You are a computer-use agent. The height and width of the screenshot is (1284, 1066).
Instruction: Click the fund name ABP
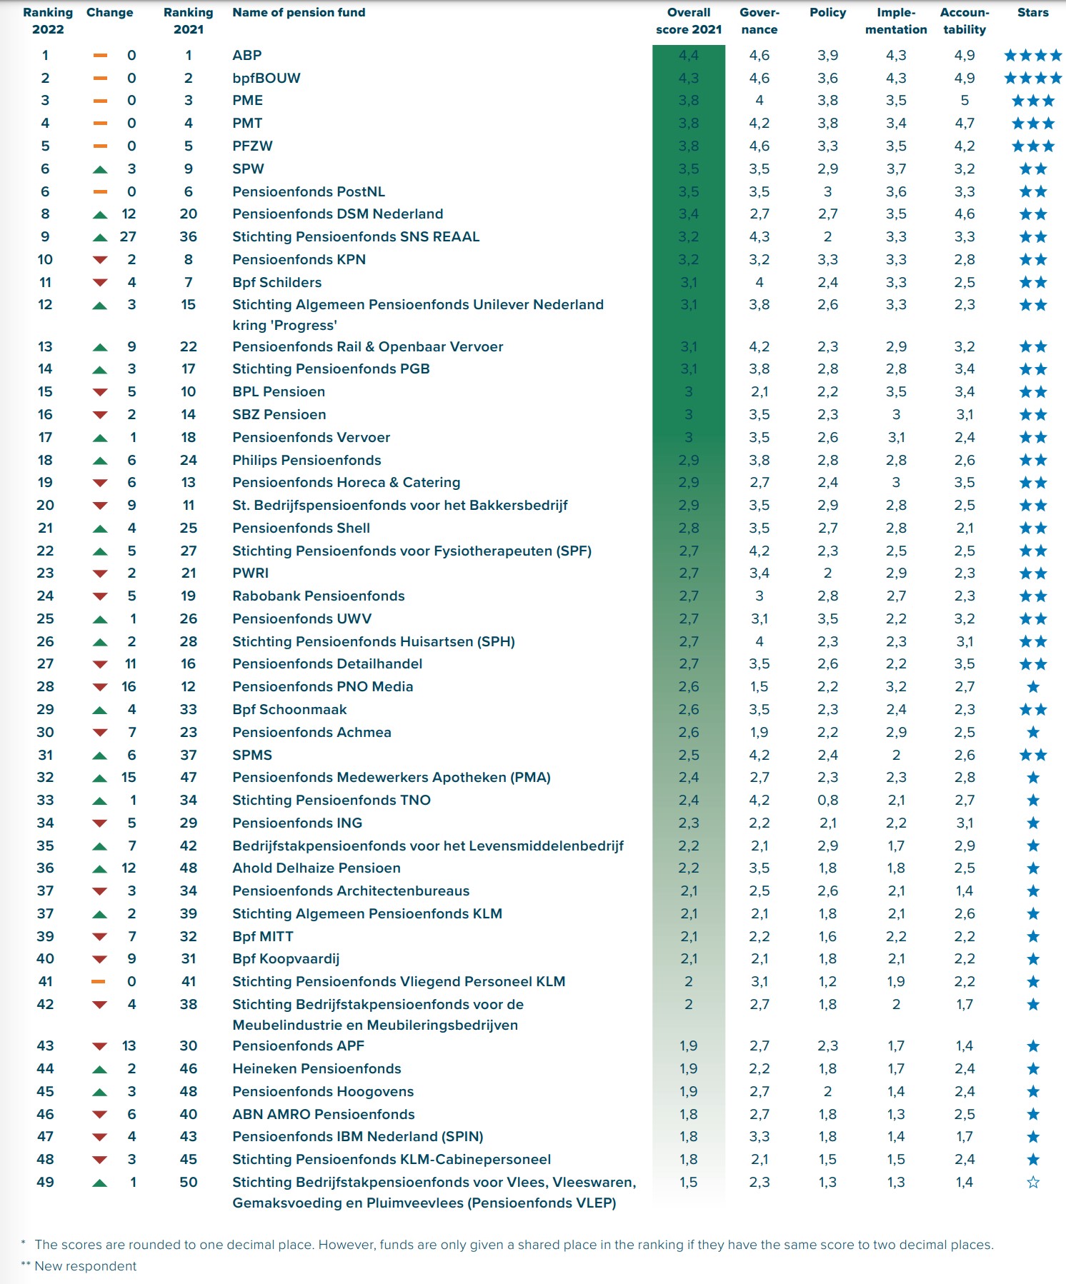click(x=247, y=55)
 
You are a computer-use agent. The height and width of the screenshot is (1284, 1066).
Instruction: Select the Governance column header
click(x=759, y=21)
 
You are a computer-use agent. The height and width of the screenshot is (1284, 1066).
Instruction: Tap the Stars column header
click(x=1032, y=12)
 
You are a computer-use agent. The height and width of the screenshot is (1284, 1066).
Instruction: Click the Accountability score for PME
click(x=965, y=100)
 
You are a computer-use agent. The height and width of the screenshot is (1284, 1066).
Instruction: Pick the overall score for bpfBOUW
click(x=688, y=78)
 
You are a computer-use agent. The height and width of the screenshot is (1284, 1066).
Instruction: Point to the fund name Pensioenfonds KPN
click(x=299, y=259)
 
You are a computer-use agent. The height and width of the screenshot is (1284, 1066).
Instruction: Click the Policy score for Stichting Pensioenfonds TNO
click(x=827, y=800)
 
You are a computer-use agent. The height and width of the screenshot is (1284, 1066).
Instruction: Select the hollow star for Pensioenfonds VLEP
click(x=1032, y=1183)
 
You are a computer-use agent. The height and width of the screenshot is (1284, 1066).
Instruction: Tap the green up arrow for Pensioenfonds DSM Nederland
click(x=100, y=214)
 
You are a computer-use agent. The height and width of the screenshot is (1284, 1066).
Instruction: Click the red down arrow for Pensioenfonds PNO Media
click(x=100, y=687)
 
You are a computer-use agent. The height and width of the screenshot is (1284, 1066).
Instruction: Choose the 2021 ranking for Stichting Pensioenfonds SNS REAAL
click(x=188, y=236)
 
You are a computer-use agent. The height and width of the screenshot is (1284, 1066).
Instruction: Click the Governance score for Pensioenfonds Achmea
click(x=759, y=732)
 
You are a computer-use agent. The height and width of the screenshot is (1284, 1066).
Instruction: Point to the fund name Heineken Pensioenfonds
click(x=317, y=1068)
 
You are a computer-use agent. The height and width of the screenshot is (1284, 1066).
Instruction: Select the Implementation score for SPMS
click(x=896, y=755)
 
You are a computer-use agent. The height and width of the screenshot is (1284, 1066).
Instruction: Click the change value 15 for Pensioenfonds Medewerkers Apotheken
click(x=129, y=777)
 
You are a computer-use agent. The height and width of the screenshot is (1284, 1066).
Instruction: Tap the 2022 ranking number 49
click(x=45, y=1182)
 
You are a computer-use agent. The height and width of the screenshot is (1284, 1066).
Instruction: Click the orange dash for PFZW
click(x=100, y=146)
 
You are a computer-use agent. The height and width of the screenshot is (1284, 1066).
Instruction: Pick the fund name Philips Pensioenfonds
click(x=307, y=460)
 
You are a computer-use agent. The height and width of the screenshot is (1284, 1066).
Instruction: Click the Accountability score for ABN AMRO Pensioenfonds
click(x=965, y=1114)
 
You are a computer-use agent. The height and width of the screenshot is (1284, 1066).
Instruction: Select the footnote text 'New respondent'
click(x=85, y=1266)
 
